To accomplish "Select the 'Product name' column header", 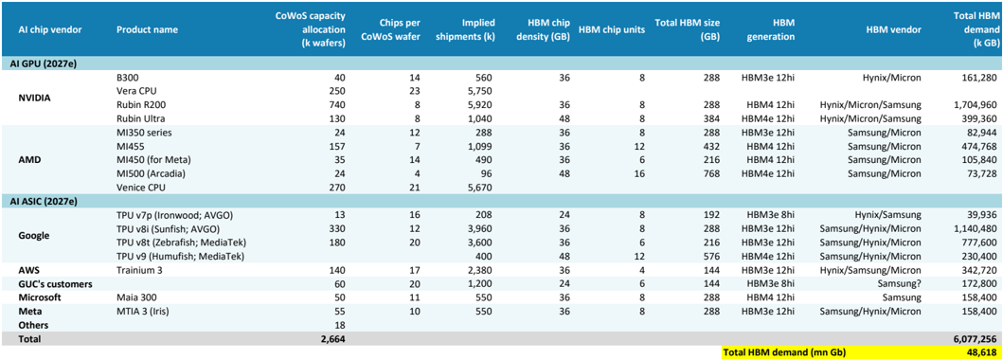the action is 147,30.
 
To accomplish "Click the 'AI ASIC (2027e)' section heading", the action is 45,201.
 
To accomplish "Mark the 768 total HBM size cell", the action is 713,172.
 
